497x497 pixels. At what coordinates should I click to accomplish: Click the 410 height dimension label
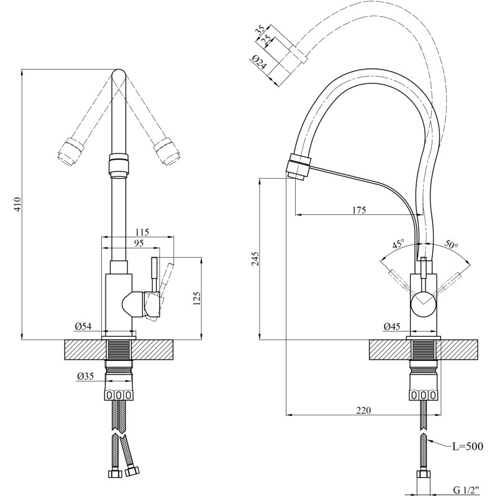click(x=18, y=204)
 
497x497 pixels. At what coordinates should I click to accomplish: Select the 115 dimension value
click(x=142, y=232)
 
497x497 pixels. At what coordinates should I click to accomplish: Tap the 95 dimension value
click(x=138, y=243)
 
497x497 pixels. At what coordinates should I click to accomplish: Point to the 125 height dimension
click(x=197, y=299)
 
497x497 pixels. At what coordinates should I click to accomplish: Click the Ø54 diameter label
click(x=83, y=326)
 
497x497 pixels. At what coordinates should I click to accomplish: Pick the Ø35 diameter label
click(x=85, y=376)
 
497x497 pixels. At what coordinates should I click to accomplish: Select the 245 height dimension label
click(x=255, y=258)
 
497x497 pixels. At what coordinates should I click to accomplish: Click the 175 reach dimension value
click(x=359, y=210)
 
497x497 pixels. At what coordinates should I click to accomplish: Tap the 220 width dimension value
click(x=363, y=410)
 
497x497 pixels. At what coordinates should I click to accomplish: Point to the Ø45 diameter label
click(x=392, y=326)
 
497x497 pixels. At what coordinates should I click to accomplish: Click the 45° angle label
click(x=398, y=244)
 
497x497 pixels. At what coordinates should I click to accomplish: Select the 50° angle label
click(x=451, y=244)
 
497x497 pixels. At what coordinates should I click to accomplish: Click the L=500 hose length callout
click(x=468, y=446)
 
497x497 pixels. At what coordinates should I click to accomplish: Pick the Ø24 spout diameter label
click(x=260, y=63)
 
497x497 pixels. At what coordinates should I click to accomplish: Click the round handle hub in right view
click(x=424, y=303)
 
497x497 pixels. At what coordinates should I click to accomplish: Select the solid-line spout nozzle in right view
click(x=298, y=166)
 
